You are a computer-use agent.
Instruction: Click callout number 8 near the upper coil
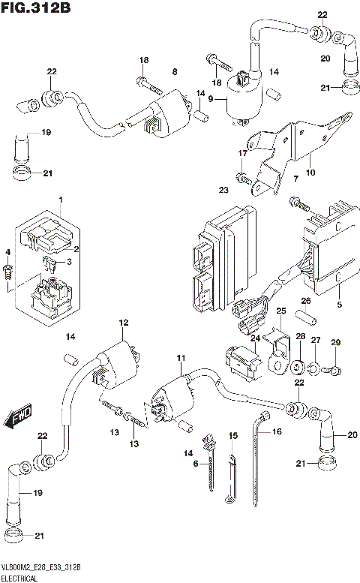[x=174, y=71]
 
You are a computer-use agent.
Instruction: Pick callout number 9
[x=211, y=99]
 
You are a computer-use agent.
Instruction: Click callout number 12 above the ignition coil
[x=120, y=323]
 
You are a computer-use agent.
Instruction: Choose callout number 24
[x=253, y=338]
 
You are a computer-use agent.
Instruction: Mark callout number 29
[x=336, y=343]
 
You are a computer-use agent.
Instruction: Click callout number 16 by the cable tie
[x=276, y=432]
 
